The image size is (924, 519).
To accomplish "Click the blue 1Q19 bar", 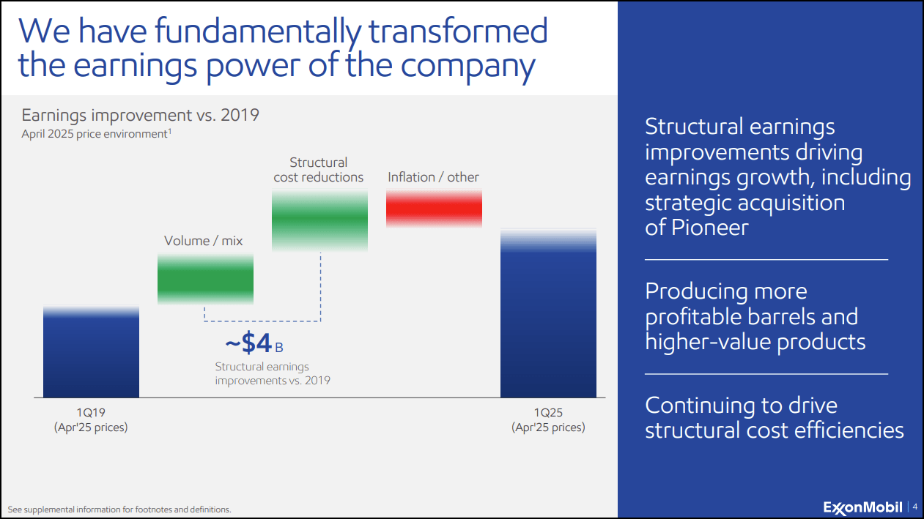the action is tap(91, 351).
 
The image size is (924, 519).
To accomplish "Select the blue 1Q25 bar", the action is tap(548, 313).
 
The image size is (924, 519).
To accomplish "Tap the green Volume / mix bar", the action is tap(205, 280).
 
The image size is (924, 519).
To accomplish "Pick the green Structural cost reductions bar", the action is tap(319, 220).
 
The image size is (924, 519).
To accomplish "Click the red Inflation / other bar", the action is tap(434, 209).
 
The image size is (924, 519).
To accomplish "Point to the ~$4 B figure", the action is tap(254, 343).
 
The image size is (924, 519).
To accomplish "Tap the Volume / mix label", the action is tap(204, 240).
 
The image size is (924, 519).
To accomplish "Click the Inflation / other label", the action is tap(433, 177).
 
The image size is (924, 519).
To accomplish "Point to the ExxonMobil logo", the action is tap(863, 507).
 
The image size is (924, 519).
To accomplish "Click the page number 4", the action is tap(915, 507).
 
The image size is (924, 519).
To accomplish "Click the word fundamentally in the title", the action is tap(258, 31).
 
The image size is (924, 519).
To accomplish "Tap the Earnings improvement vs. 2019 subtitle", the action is tap(140, 115).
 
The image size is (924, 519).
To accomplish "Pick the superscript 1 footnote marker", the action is tap(169, 131).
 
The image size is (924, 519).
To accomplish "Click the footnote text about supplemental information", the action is tap(119, 509).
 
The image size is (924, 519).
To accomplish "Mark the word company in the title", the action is tap(468, 67).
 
